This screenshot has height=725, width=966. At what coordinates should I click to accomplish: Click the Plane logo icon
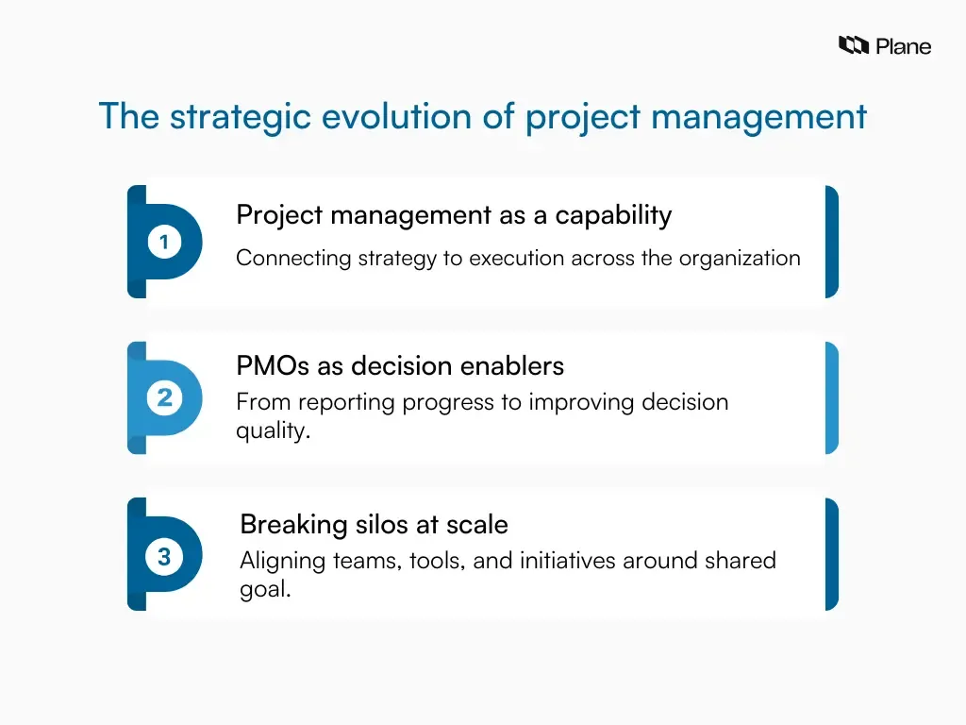[x=853, y=45]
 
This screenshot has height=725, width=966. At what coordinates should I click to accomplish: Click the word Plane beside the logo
[x=903, y=46]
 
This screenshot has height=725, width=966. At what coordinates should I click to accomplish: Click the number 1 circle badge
[x=164, y=243]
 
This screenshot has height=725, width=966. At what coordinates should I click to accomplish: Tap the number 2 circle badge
[x=164, y=398]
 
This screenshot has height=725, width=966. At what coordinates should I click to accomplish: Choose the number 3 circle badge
[x=164, y=557]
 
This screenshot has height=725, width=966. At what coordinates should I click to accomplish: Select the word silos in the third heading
[x=365, y=524]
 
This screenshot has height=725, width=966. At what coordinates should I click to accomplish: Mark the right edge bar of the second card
[x=831, y=398]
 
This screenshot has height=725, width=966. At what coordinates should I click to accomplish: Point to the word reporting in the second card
[x=347, y=402]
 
